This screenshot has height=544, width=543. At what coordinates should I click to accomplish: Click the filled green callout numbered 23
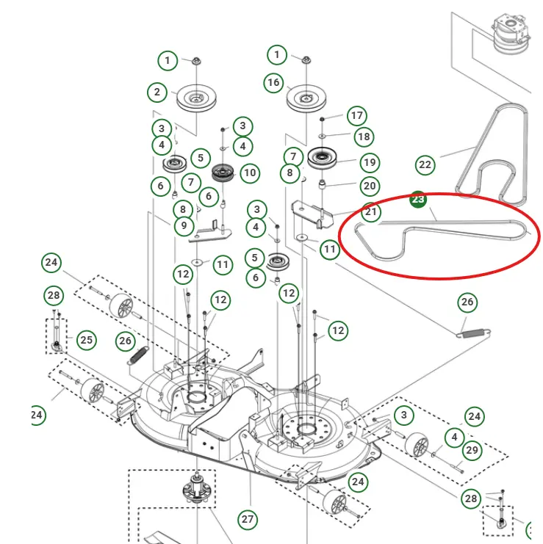417,199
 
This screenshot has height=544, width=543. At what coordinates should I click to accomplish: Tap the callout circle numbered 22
425,164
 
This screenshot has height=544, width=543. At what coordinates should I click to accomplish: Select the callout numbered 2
157,93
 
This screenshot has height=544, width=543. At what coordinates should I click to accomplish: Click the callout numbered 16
273,82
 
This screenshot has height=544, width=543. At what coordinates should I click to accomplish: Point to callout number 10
250,173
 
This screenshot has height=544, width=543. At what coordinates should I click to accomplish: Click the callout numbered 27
248,520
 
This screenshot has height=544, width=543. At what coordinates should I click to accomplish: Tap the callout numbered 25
87,340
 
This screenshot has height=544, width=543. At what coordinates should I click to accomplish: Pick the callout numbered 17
357,115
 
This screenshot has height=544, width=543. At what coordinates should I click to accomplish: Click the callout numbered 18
363,137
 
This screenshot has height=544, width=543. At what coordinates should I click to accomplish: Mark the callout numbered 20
369,186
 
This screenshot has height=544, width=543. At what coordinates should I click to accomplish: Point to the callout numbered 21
372,213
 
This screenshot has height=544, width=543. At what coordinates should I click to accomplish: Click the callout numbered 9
184,226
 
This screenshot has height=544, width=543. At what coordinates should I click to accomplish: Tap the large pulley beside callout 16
305,98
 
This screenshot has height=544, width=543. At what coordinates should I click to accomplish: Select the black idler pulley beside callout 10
221,173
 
